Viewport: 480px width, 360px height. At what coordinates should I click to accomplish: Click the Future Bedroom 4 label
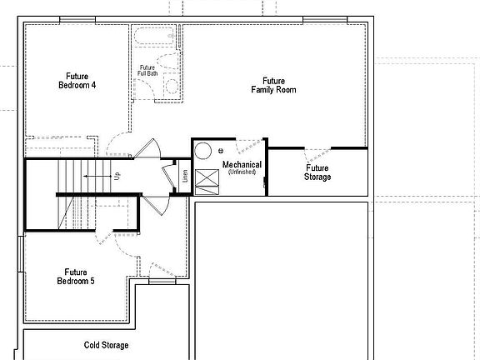[77, 81]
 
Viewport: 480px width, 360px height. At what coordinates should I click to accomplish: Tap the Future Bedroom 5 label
[76, 277]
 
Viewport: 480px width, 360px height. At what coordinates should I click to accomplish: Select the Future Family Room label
[274, 86]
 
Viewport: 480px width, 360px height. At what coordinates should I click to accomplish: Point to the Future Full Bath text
[147, 71]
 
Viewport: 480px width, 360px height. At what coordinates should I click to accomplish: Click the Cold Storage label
[106, 344]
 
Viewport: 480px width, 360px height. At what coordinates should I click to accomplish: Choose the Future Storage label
[317, 172]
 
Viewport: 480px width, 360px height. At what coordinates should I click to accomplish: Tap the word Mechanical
[242, 165]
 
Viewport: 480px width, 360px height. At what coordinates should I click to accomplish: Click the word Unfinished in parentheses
[242, 172]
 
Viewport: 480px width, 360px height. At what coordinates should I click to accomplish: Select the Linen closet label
[184, 177]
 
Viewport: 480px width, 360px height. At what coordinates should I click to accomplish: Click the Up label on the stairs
[117, 177]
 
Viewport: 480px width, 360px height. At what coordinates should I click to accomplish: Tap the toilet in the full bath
[172, 84]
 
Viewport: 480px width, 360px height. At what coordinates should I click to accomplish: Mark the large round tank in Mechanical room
[203, 151]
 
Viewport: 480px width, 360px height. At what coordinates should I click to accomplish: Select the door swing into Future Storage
[317, 154]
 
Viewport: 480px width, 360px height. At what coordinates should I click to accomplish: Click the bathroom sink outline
[169, 62]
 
